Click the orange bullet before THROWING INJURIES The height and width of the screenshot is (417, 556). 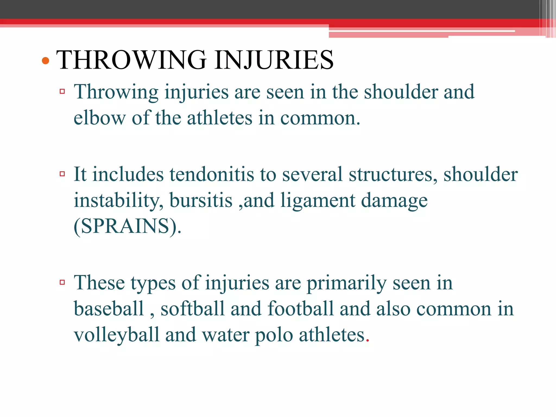[46, 61]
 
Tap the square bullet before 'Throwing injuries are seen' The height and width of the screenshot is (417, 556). [62, 91]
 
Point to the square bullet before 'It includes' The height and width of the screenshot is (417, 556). [62, 174]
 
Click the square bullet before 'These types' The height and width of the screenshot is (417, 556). [62, 283]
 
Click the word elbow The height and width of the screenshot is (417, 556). [100, 118]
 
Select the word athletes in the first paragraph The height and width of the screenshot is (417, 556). [220, 118]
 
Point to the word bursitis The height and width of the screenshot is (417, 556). [201, 200]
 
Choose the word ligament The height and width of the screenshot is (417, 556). [318, 200]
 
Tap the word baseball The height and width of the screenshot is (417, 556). [109, 309]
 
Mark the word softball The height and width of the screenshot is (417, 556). [192, 309]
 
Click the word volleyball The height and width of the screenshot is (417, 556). [116, 335]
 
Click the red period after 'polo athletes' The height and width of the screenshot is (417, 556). [368, 340]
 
